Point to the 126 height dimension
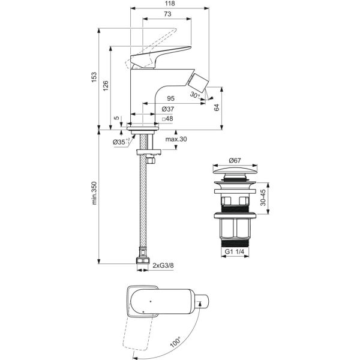tap(106, 86)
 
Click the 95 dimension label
tap(170, 98)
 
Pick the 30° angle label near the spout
tap(194, 95)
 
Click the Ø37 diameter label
tap(169, 109)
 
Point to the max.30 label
tap(176, 140)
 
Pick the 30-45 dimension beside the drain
tap(265, 199)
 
